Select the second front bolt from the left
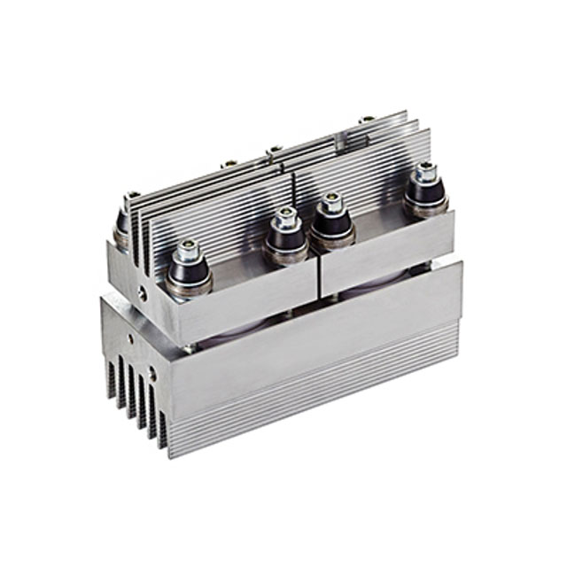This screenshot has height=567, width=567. pyautogui.click(x=285, y=218)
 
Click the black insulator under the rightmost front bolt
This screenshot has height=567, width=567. pyautogui.click(x=425, y=198)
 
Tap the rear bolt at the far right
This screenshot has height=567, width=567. pyautogui.click(x=367, y=119)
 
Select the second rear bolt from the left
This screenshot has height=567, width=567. pyautogui.click(x=229, y=164)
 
